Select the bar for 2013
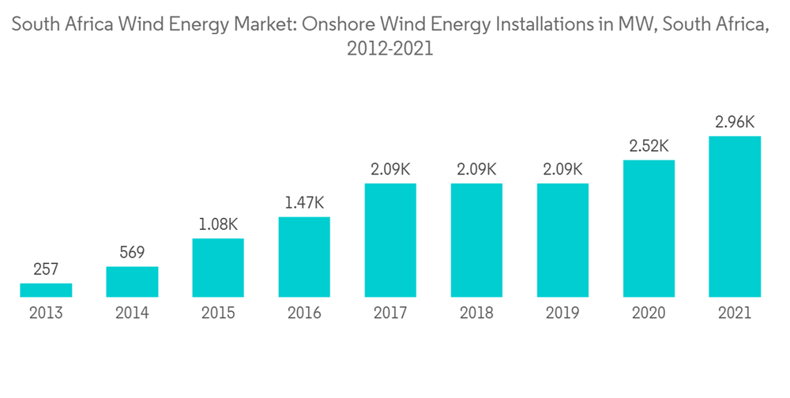pyautogui.click(x=46, y=290)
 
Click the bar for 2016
pyautogui.click(x=304, y=257)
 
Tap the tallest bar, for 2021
pyautogui.click(x=735, y=216)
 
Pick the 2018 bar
pyautogui.click(x=476, y=240)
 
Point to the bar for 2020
pyautogui.click(x=649, y=228)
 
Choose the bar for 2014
pyautogui.click(x=132, y=281)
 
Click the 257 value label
pyautogui.click(x=46, y=270)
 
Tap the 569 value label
pyautogui.click(x=132, y=253)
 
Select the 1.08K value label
pyautogui.click(x=218, y=224)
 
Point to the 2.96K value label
pyautogui.click(x=735, y=122)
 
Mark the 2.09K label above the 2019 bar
pyautogui.click(x=562, y=169)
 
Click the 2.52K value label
pyautogui.click(x=649, y=146)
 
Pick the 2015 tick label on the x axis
pyautogui.click(x=218, y=314)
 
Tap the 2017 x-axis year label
pyautogui.click(x=390, y=314)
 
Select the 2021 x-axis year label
pyautogui.click(x=735, y=314)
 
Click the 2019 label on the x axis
pyautogui.click(x=562, y=314)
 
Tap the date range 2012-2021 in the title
pyautogui.click(x=390, y=49)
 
